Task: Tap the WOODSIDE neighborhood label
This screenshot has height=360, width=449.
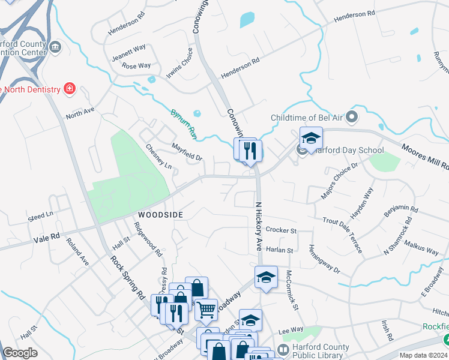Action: coord(160,214)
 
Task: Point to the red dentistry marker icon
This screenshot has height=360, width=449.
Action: coord(70,89)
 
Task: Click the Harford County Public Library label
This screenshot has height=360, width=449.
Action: coord(320,352)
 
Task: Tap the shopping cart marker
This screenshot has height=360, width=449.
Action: coord(206,310)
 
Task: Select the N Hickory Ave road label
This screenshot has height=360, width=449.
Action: coord(259,225)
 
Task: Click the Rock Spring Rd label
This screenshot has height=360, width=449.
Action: coord(128,278)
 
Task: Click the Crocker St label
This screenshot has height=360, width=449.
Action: coord(281,230)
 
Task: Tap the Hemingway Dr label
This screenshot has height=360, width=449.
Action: coord(324,259)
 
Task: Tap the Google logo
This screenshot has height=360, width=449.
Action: coord(20,353)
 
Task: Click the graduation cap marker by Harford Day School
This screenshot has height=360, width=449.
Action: coord(311,139)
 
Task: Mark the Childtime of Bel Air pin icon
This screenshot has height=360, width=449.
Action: coord(352,116)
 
